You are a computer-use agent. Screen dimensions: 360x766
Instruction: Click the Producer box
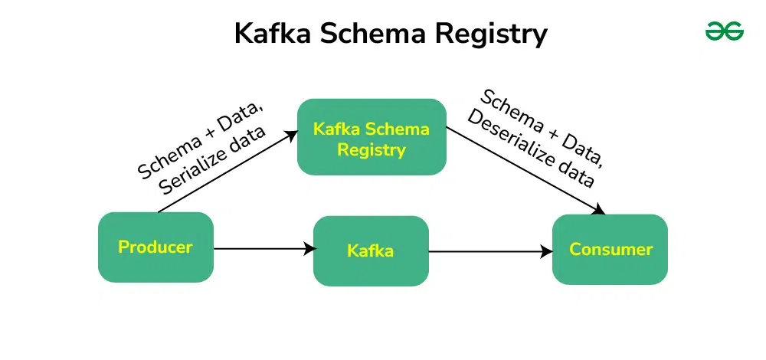(155, 247)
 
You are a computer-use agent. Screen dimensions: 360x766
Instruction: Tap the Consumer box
(611, 249)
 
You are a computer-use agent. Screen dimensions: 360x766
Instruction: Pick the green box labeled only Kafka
(371, 250)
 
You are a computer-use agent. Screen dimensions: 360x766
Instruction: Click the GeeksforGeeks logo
(724, 31)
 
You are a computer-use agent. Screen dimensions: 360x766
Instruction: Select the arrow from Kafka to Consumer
(490, 250)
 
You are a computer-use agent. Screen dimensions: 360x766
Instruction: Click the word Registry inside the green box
(371, 149)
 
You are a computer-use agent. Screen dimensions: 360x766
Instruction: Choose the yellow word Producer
(155, 247)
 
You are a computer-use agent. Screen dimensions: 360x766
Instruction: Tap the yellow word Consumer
(611, 249)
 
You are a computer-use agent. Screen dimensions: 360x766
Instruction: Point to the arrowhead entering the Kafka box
(310, 248)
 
